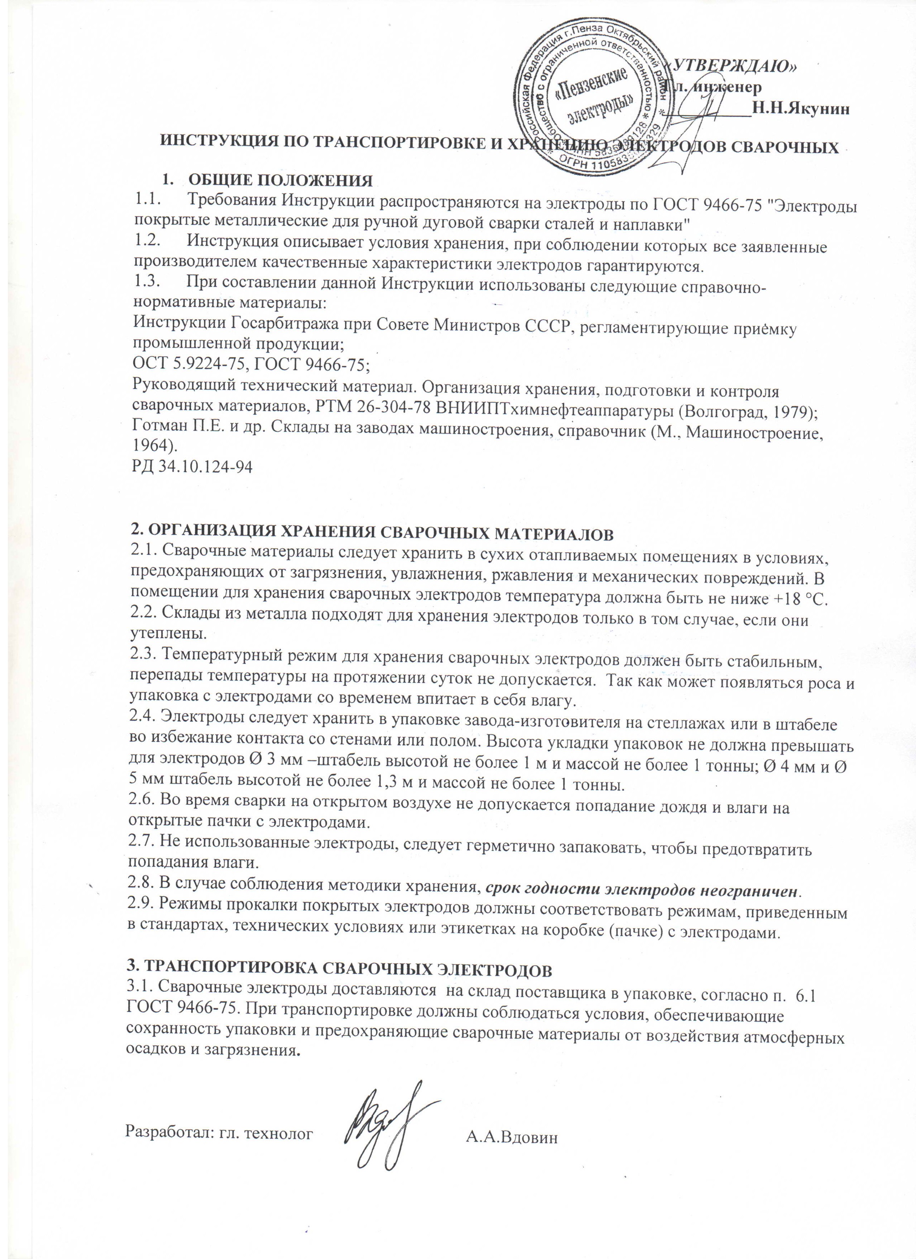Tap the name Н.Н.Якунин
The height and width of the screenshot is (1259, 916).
tap(799, 110)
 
